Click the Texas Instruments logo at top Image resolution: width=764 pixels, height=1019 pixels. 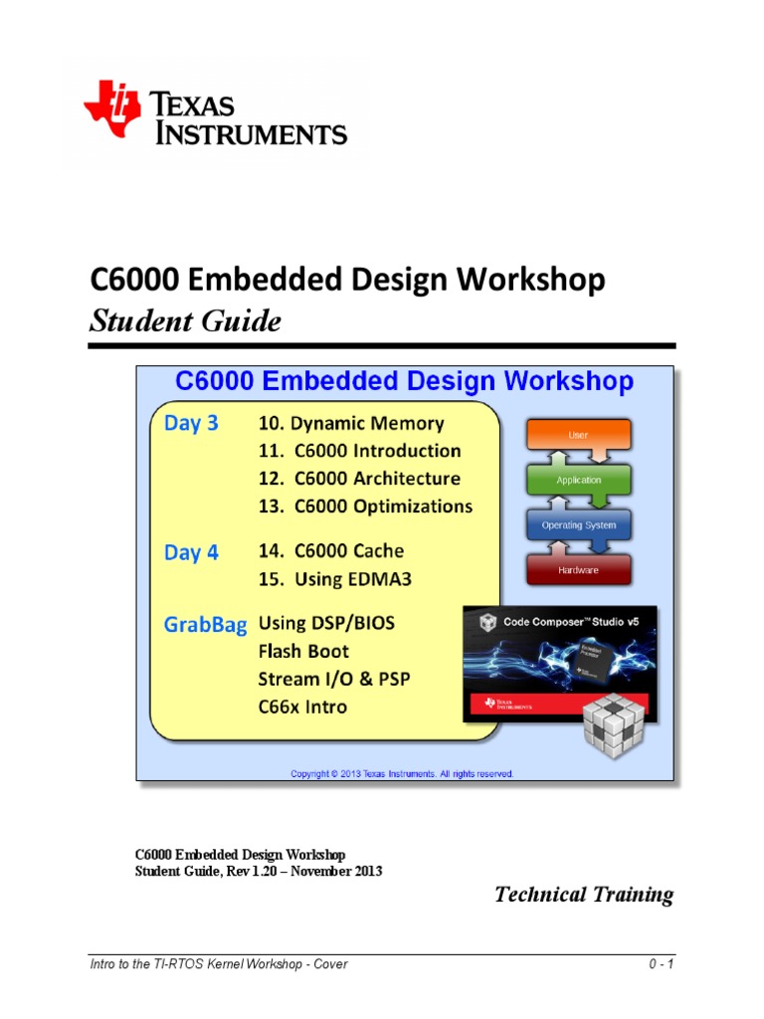pos(215,117)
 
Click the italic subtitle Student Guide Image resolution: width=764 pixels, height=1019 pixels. pos(185,321)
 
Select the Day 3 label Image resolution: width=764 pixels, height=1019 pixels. pos(191,423)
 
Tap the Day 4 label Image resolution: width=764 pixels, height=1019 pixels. pos(191,553)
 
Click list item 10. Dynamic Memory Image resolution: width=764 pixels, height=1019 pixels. pos(351,423)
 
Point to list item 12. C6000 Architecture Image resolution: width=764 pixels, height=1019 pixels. pos(359,479)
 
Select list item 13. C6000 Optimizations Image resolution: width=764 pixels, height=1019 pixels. pos(365,507)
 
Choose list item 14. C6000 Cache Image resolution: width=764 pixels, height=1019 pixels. pos(331,550)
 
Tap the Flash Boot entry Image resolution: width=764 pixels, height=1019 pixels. pos(303,652)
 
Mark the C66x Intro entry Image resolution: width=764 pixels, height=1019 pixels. pos(303,708)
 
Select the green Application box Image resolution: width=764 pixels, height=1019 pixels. pos(578,480)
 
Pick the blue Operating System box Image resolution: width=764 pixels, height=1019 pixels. pos(578,524)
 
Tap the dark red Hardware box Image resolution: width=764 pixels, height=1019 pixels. pos(578,569)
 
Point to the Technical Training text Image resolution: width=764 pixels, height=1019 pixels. pos(584,895)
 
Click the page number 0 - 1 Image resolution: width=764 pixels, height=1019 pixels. pos(661,964)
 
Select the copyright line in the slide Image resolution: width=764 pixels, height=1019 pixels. pos(402,773)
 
